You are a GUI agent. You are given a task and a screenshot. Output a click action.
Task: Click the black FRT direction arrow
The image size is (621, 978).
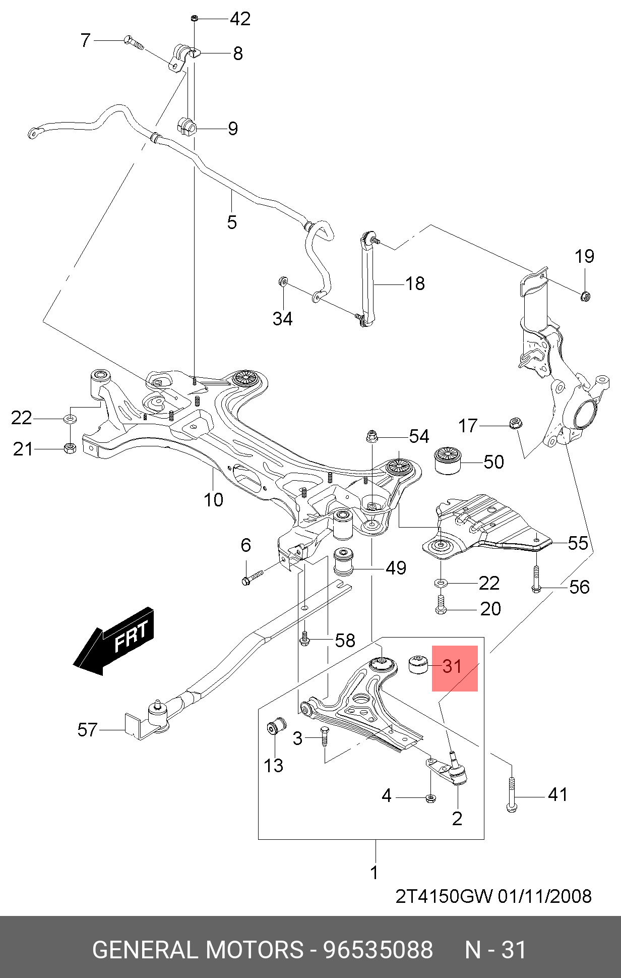point(114,641)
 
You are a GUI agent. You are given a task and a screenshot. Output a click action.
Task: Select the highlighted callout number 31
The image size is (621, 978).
point(452,666)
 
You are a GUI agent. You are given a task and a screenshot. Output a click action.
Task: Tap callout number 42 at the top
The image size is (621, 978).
point(240,19)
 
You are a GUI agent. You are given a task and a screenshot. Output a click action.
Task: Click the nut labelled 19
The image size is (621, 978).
point(585,296)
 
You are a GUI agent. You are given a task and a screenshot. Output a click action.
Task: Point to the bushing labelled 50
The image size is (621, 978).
point(448,460)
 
